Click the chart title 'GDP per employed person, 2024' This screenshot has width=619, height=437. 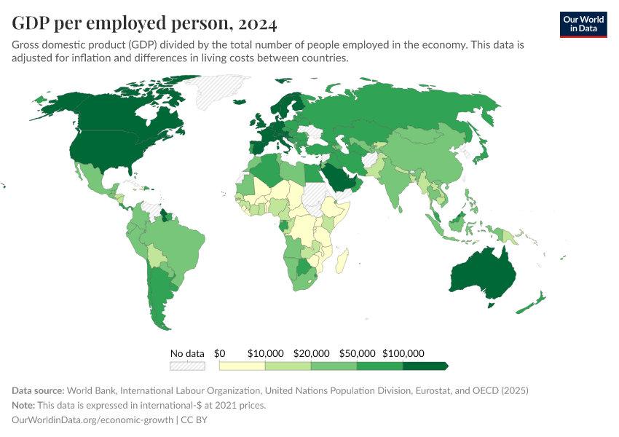[144, 24]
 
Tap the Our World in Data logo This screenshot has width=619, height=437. [583, 24]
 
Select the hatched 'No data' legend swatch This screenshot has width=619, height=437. [187, 366]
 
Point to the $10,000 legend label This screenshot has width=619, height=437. [265, 353]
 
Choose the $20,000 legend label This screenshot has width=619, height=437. [311, 353]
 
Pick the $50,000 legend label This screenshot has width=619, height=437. [357, 353]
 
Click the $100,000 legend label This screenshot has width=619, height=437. [403, 353]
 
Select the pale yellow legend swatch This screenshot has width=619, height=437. [242, 366]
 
